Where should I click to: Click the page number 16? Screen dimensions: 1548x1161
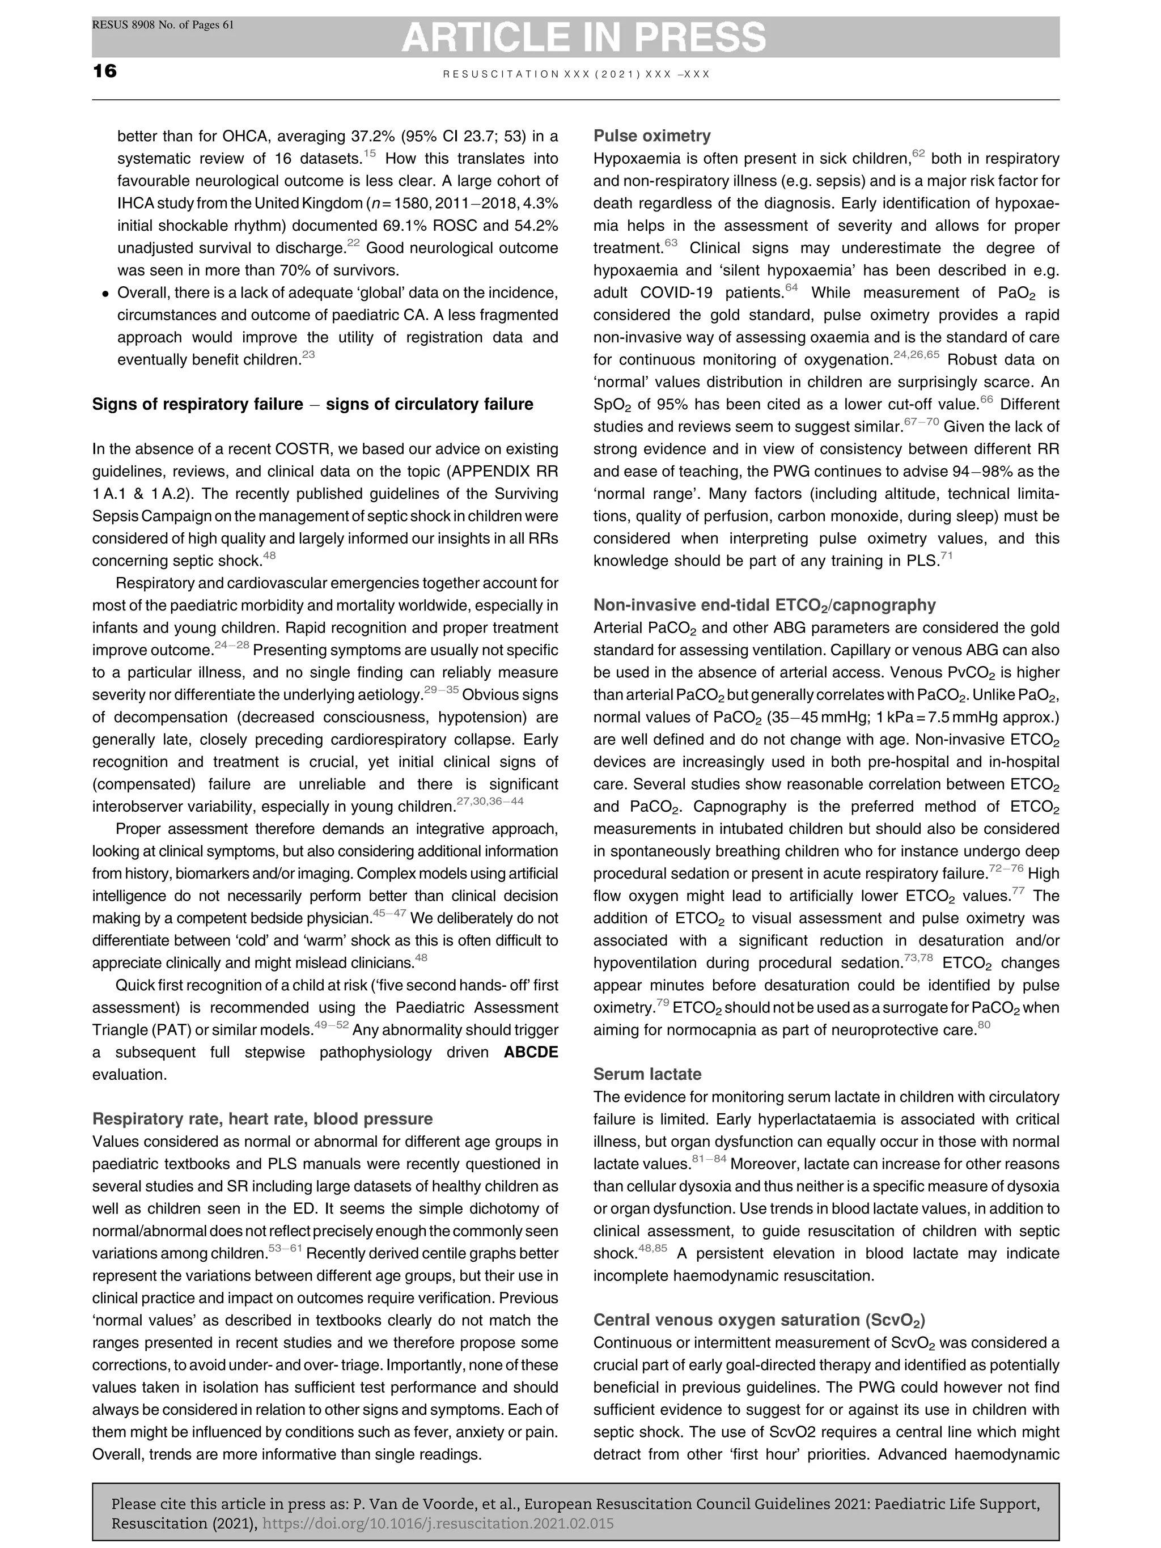[x=105, y=71]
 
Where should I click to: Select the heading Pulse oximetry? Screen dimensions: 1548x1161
[x=651, y=136]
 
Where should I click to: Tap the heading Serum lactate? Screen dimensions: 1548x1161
[x=647, y=1074]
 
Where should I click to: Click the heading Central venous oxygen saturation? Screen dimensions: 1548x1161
[x=759, y=1320]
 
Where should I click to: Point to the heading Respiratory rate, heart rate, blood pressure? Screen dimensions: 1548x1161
[x=262, y=1118]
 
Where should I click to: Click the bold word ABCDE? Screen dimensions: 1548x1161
[x=531, y=1052]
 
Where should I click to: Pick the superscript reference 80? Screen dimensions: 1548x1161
[x=983, y=1025]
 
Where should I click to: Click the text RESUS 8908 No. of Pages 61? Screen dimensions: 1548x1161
[x=163, y=25]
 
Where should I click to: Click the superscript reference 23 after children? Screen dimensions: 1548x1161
[x=308, y=355]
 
